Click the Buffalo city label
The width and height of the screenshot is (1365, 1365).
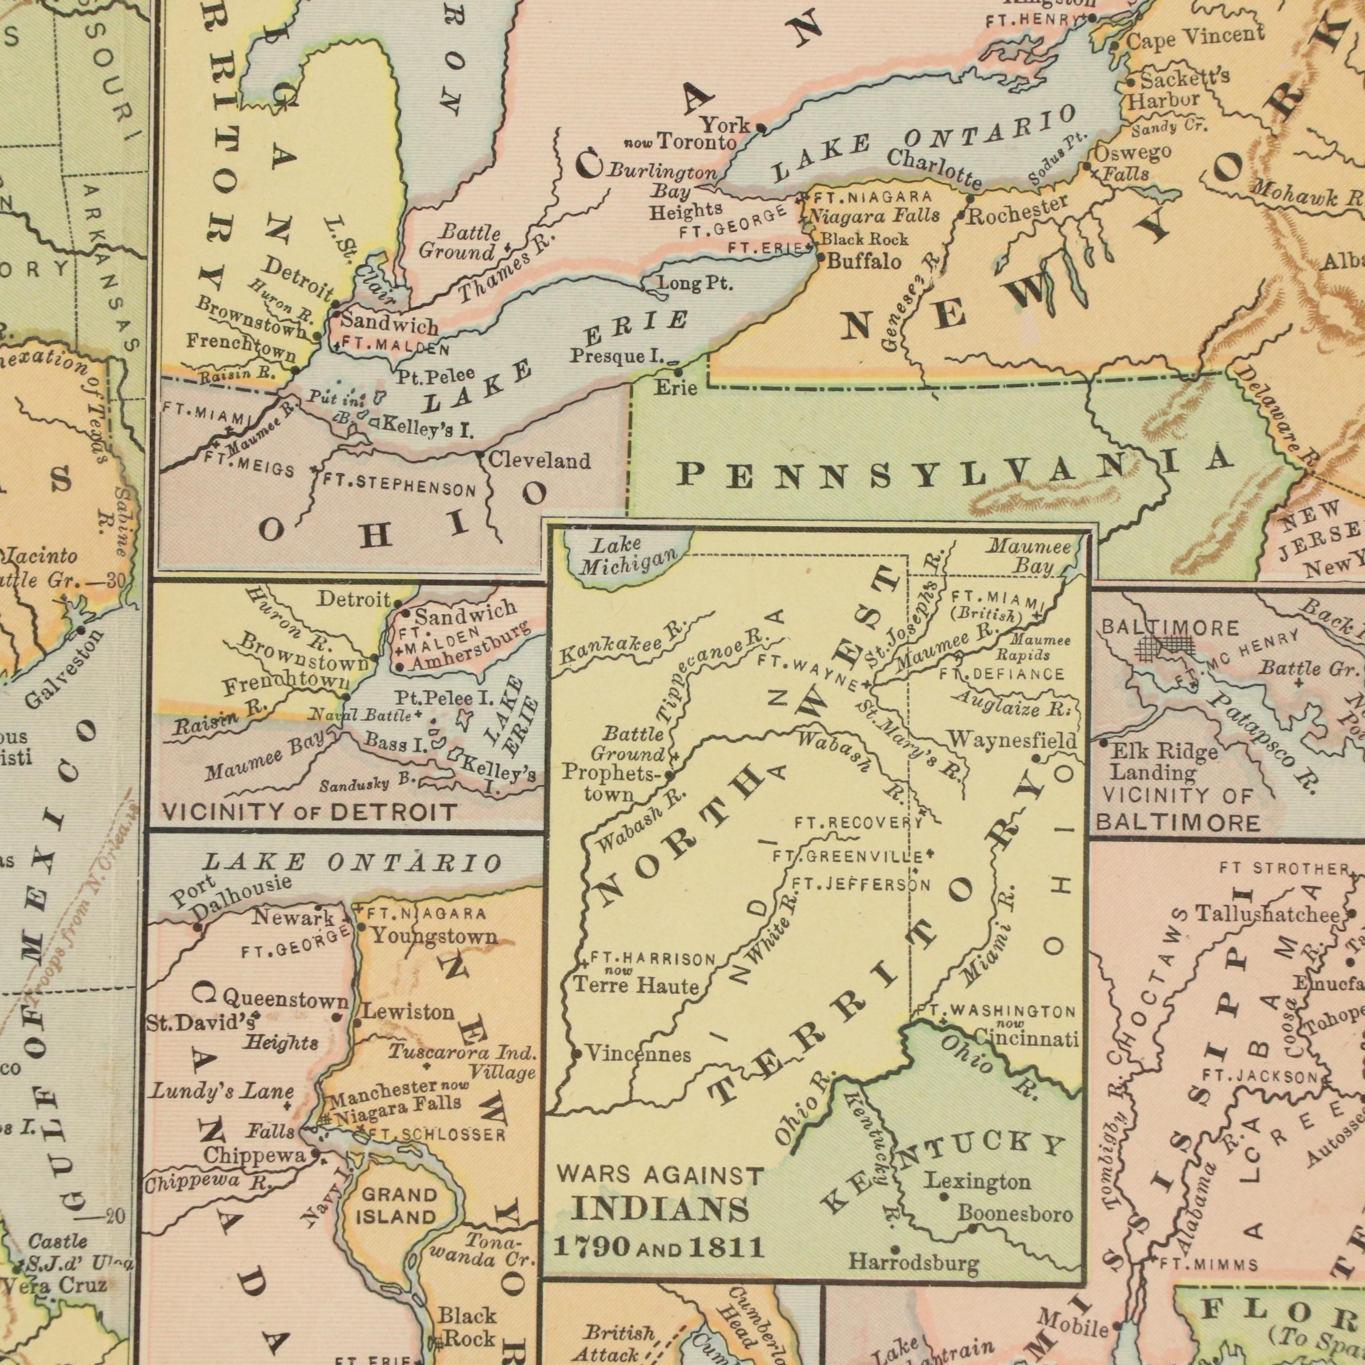tap(864, 262)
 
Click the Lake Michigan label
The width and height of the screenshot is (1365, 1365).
tap(626, 556)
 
